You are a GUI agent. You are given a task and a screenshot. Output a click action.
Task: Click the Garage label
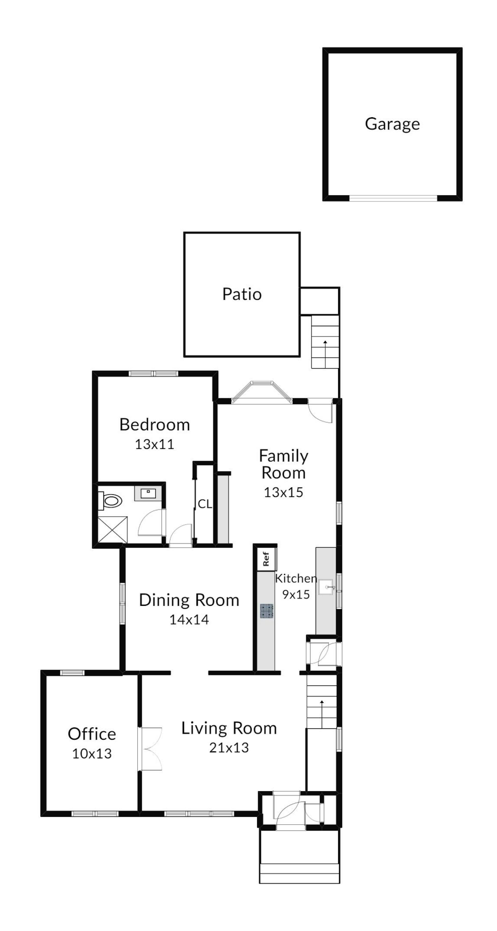click(x=392, y=124)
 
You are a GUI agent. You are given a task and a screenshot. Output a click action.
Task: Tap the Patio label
click(x=242, y=294)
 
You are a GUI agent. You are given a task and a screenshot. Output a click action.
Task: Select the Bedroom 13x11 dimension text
click(x=154, y=444)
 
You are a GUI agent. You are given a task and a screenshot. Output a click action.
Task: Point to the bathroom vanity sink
click(x=148, y=493)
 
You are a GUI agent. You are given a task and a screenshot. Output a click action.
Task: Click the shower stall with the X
click(x=112, y=530)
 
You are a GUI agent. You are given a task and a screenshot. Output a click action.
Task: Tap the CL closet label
click(x=204, y=504)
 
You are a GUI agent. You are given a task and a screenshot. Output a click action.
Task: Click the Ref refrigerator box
click(x=266, y=559)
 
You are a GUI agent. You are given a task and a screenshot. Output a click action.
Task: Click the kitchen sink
click(x=326, y=587)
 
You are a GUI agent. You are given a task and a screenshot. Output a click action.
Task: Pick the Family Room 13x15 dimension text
click(x=283, y=492)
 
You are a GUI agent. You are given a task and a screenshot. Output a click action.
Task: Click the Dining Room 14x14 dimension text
click(x=189, y=620)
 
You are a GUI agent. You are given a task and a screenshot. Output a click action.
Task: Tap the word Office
click(x=92, y=734)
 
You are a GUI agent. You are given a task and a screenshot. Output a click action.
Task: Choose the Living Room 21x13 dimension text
click(x=229, y=747)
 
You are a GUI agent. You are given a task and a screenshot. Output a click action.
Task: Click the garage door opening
click(x=393, y=198)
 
